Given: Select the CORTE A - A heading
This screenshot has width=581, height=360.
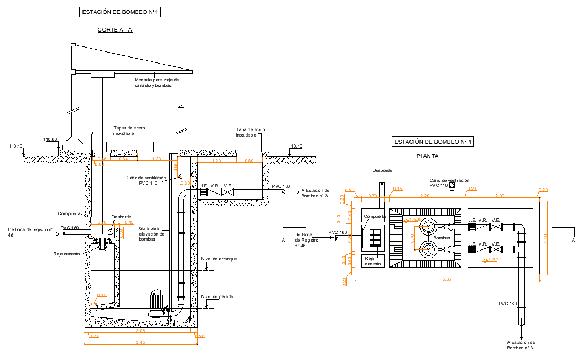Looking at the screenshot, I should coord(115,30).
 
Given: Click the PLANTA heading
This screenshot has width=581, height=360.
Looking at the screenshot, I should coord(427,156).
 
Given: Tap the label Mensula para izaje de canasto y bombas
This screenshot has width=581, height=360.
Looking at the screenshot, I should coord(157,82).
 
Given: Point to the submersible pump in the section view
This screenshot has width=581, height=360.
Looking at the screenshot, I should coord(158,305).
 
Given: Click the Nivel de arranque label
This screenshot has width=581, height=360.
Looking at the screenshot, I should coord(219,259).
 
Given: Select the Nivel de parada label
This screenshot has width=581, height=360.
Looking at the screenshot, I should coord(217,296).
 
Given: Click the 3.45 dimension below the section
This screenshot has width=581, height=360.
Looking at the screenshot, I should coord(140,343).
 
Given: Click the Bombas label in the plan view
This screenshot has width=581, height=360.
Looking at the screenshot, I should coord(442,237).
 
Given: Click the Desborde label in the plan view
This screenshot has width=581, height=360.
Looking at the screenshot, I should coord(382,170).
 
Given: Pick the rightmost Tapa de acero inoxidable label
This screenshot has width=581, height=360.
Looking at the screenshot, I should coord(250,132).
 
